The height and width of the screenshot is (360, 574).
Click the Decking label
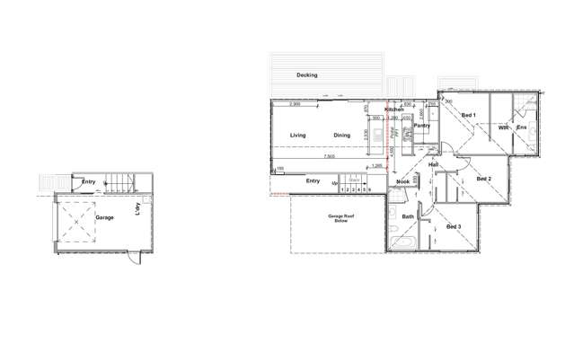tap(306, 75)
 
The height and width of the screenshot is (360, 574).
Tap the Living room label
tap(297, 136)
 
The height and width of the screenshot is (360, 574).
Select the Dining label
tap(341, 136)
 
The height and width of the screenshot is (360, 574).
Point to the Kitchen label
tap(394, 110)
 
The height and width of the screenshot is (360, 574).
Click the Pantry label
tap(422, 126)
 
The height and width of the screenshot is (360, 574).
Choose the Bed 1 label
tap(468, 116)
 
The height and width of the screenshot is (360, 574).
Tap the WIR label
tap(504, 128)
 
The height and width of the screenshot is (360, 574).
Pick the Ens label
tap(522, 128)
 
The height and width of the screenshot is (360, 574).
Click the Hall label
tap(433, 166)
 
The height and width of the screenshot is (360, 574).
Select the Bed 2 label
tap(483, 179)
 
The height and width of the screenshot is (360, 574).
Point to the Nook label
tap(402, 182)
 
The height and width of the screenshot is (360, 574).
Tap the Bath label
tap(408, 216)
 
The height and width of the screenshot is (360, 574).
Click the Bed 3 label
tap(454, 226)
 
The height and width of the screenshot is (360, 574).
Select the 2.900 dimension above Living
tap(295, 105)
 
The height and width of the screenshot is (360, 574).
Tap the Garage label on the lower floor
tap(104, 217)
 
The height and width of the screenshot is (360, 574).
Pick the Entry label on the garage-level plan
tap(88, 182)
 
